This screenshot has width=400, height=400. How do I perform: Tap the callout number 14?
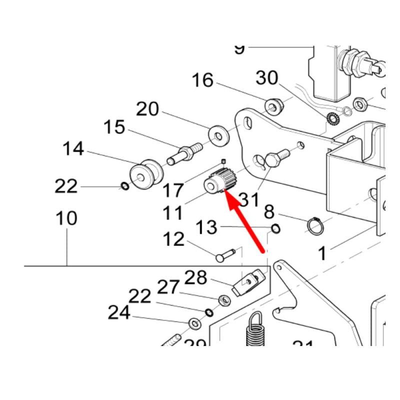[x=73, y=148]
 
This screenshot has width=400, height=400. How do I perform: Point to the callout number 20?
[x=147, y=109]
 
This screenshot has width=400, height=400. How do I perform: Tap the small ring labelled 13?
[x=275, y=229]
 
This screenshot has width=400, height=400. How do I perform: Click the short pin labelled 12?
[x=225, y=255]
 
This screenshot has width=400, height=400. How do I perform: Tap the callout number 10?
[x=66, y=218]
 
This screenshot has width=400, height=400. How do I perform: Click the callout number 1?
[x=322, y=253]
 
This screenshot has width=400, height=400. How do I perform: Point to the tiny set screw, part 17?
[x=224, y=160]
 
